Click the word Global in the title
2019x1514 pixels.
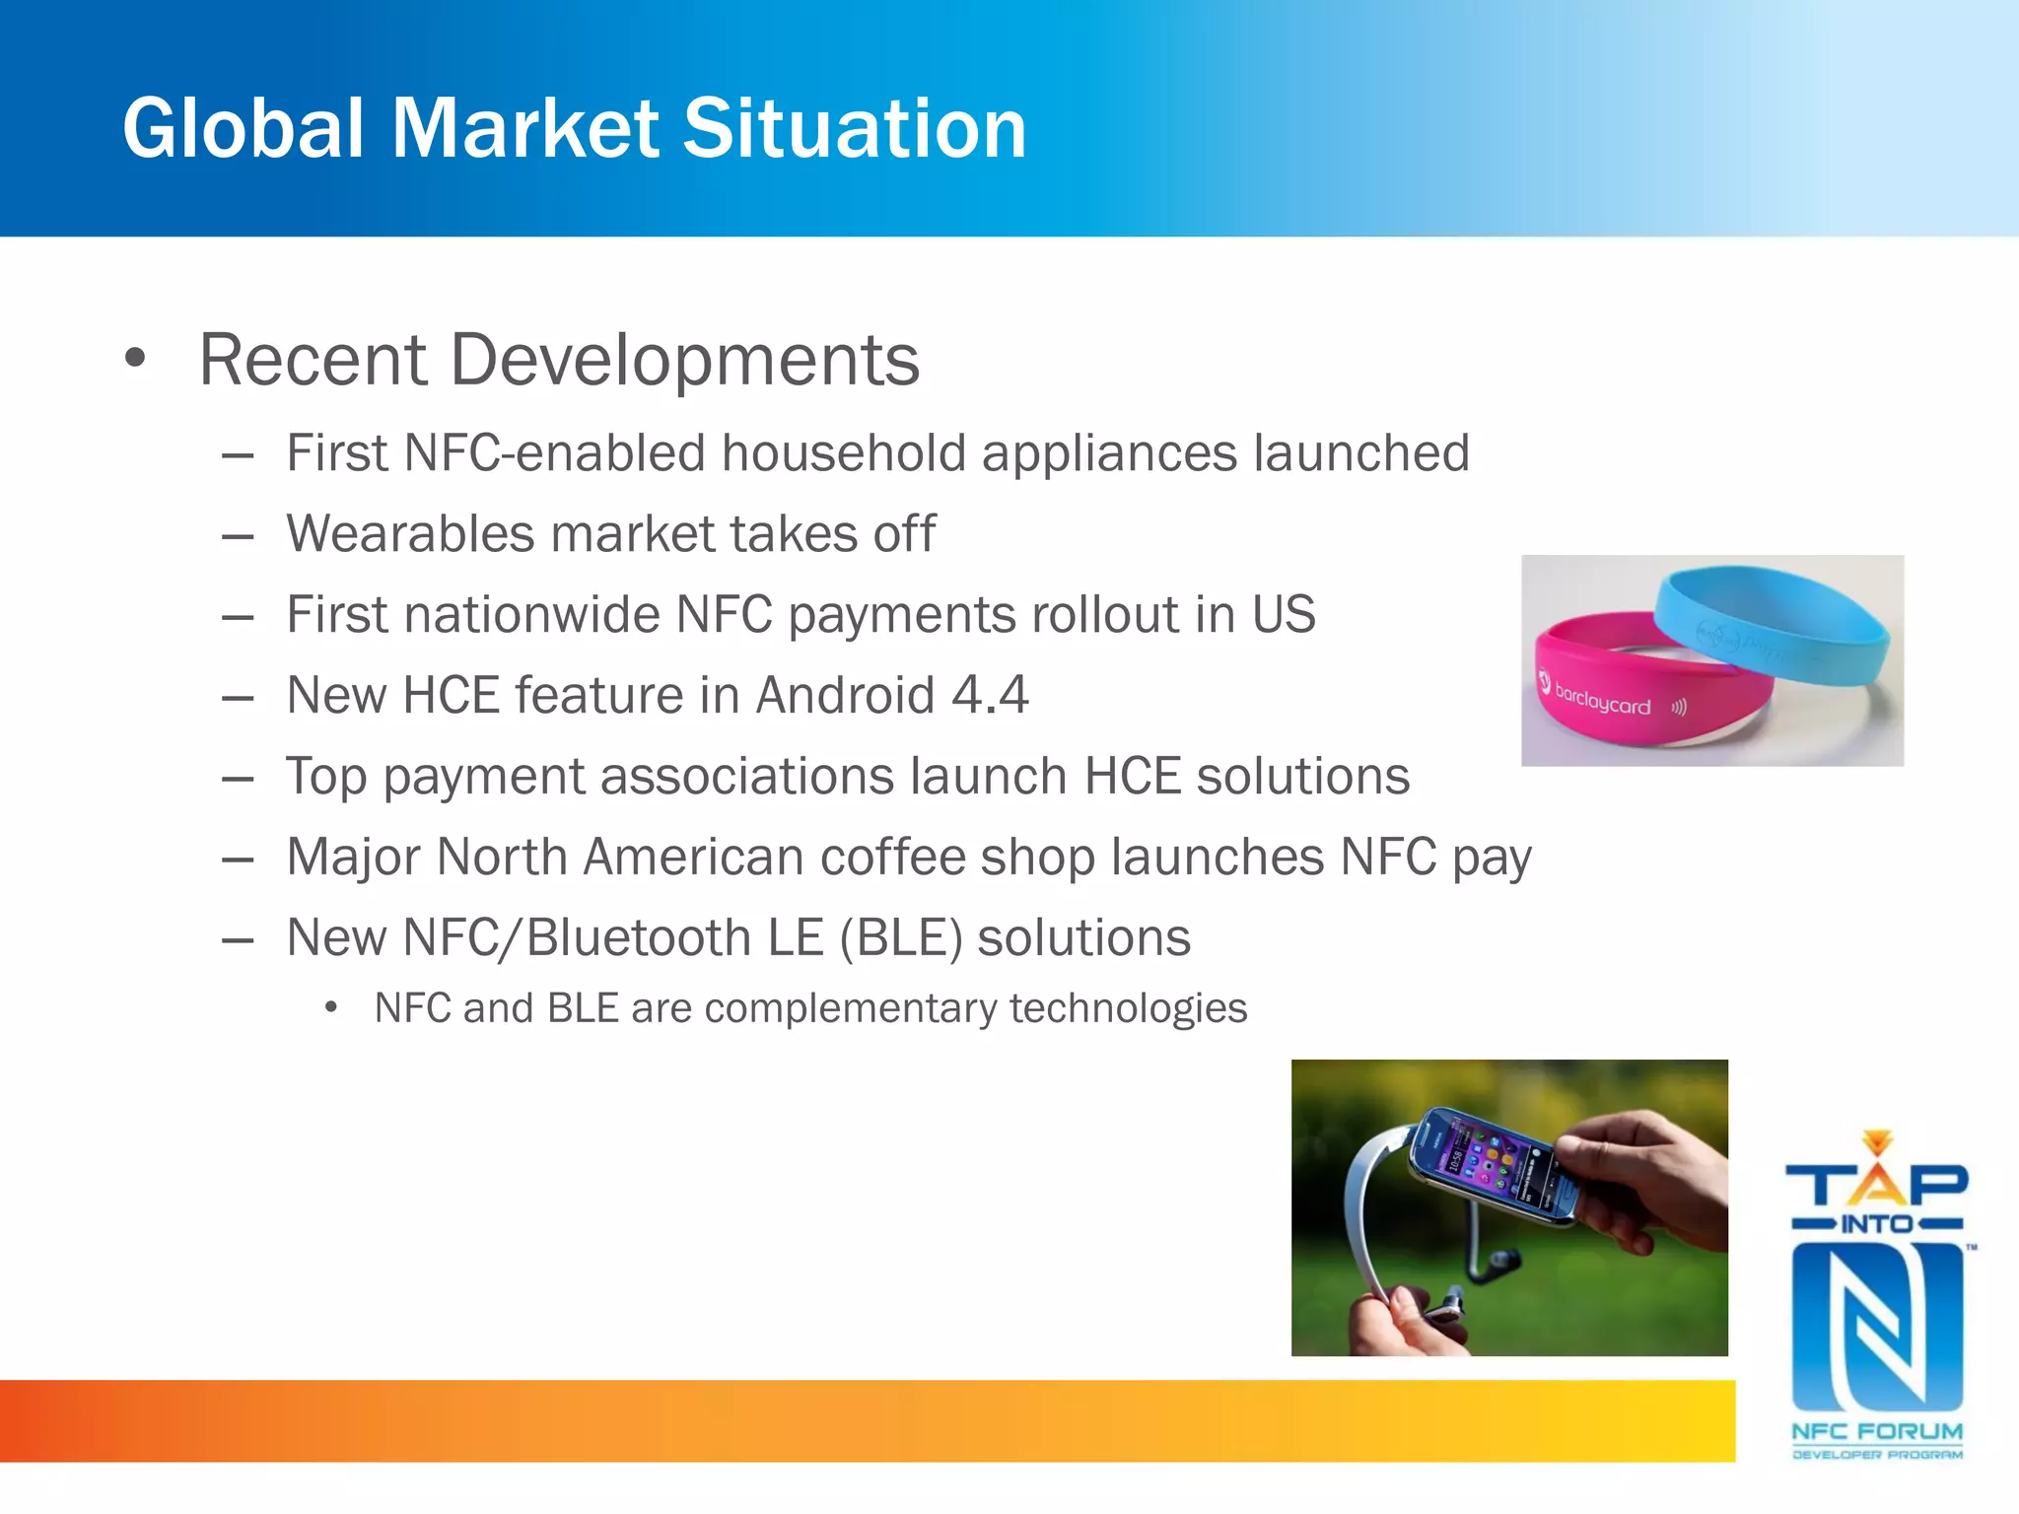tap(244, 128)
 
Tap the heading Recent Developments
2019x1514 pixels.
tap(559, 360)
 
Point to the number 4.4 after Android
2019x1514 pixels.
tap(990, 695)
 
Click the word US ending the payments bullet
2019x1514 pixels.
tap(1284, 615)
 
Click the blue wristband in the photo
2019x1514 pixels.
tap(1775, 621)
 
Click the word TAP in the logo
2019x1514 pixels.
tap(1876, 1183)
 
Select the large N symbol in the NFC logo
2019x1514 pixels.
tap(1876, 1326)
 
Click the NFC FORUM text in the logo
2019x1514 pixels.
tap(1876, 1430)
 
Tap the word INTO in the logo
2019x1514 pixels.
tap(1876, 1224)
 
